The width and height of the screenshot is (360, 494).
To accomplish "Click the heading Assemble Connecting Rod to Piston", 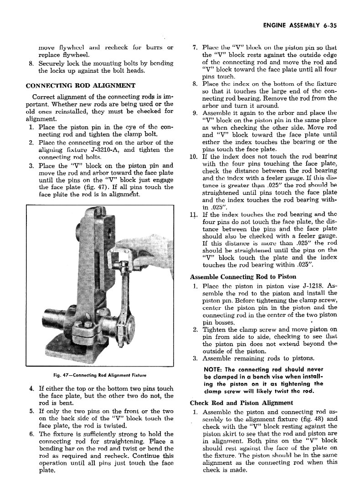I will point(243,276).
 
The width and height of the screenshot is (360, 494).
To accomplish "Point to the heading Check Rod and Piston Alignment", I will point(241,402).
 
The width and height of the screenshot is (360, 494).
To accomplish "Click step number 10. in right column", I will point(192,157).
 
